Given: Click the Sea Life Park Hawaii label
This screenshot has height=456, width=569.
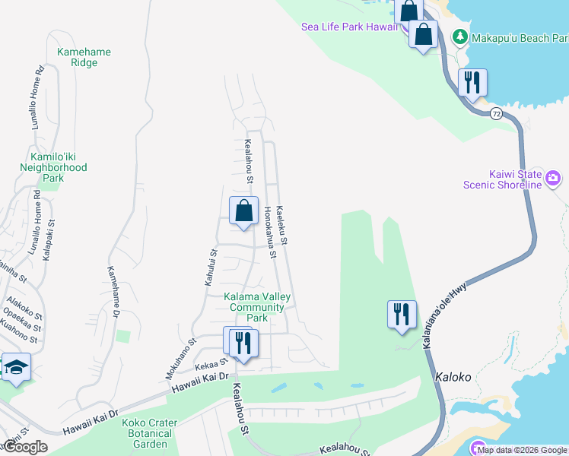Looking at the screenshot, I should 349,27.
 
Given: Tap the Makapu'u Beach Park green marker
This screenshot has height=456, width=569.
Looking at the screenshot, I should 460,36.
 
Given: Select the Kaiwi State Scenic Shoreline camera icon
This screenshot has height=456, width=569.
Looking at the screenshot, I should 553,179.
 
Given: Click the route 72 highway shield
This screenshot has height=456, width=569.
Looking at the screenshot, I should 496,113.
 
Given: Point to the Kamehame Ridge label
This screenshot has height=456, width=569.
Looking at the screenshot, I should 84,58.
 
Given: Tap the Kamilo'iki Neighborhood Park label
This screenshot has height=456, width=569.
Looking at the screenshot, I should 53,167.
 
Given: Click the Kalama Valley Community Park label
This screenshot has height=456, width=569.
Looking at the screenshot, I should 257,302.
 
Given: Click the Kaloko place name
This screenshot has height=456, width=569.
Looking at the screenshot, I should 455,377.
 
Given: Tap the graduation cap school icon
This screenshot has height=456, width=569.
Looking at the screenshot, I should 16,368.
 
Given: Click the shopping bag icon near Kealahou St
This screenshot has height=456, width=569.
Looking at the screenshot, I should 243,211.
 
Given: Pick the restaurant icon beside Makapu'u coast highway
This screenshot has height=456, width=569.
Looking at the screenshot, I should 472,82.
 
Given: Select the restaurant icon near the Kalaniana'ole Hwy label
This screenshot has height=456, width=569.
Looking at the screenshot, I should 402,314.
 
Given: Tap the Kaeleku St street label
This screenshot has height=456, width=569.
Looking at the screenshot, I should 281,225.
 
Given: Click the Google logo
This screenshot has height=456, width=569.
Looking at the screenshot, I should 25,448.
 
